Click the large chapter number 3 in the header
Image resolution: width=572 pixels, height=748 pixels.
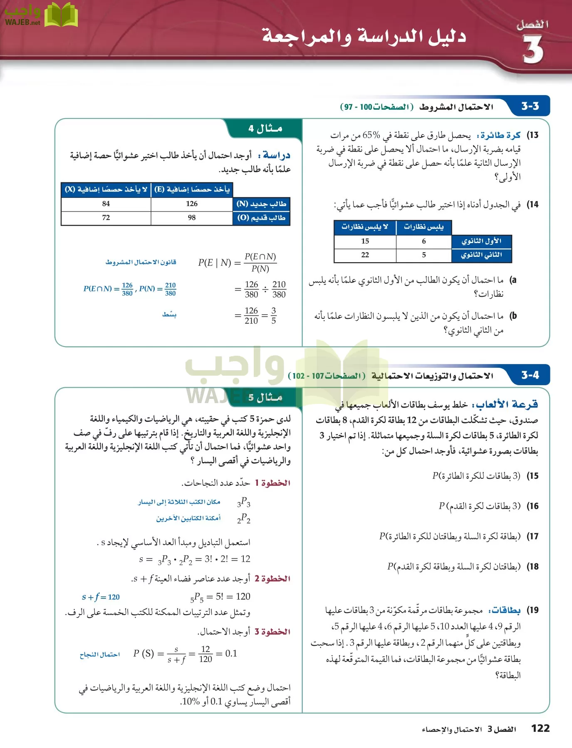click(x=533, y=49)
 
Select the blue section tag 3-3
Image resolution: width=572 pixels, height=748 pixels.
click(x=530, y=106)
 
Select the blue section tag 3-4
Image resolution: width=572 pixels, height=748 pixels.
click(x=530, y=375)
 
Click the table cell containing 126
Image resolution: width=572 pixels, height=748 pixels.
click(x=192, y=204)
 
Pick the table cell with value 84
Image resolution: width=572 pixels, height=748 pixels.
click(x=106, y=204)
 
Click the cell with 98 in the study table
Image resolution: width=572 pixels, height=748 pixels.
click(x=192, y=218)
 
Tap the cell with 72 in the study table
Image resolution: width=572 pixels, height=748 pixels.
click(x=106, y=218)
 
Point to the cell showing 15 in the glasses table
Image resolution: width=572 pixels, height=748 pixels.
click(x=365, y=241)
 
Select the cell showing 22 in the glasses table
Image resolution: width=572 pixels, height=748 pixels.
click(x=365, y=255)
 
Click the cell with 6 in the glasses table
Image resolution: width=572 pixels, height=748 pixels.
click(x=423, y=241)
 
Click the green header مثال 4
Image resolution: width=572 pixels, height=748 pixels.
click(x=265, y=128)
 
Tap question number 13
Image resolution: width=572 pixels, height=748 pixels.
click(x=533, y=135)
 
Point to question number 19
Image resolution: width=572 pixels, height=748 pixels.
click(x=533, y=610)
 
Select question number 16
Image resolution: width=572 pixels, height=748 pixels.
click(x=533, y=506)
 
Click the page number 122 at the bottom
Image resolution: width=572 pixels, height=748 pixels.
click(x=540, y=728)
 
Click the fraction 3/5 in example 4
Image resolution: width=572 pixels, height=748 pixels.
click(x=273, y=316)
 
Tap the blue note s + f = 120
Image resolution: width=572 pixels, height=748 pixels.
click(x=101, y=597)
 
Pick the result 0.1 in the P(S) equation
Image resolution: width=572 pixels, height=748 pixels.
click(x=231, y=654)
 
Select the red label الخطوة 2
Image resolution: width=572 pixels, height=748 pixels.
click(x=272, y=578)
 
